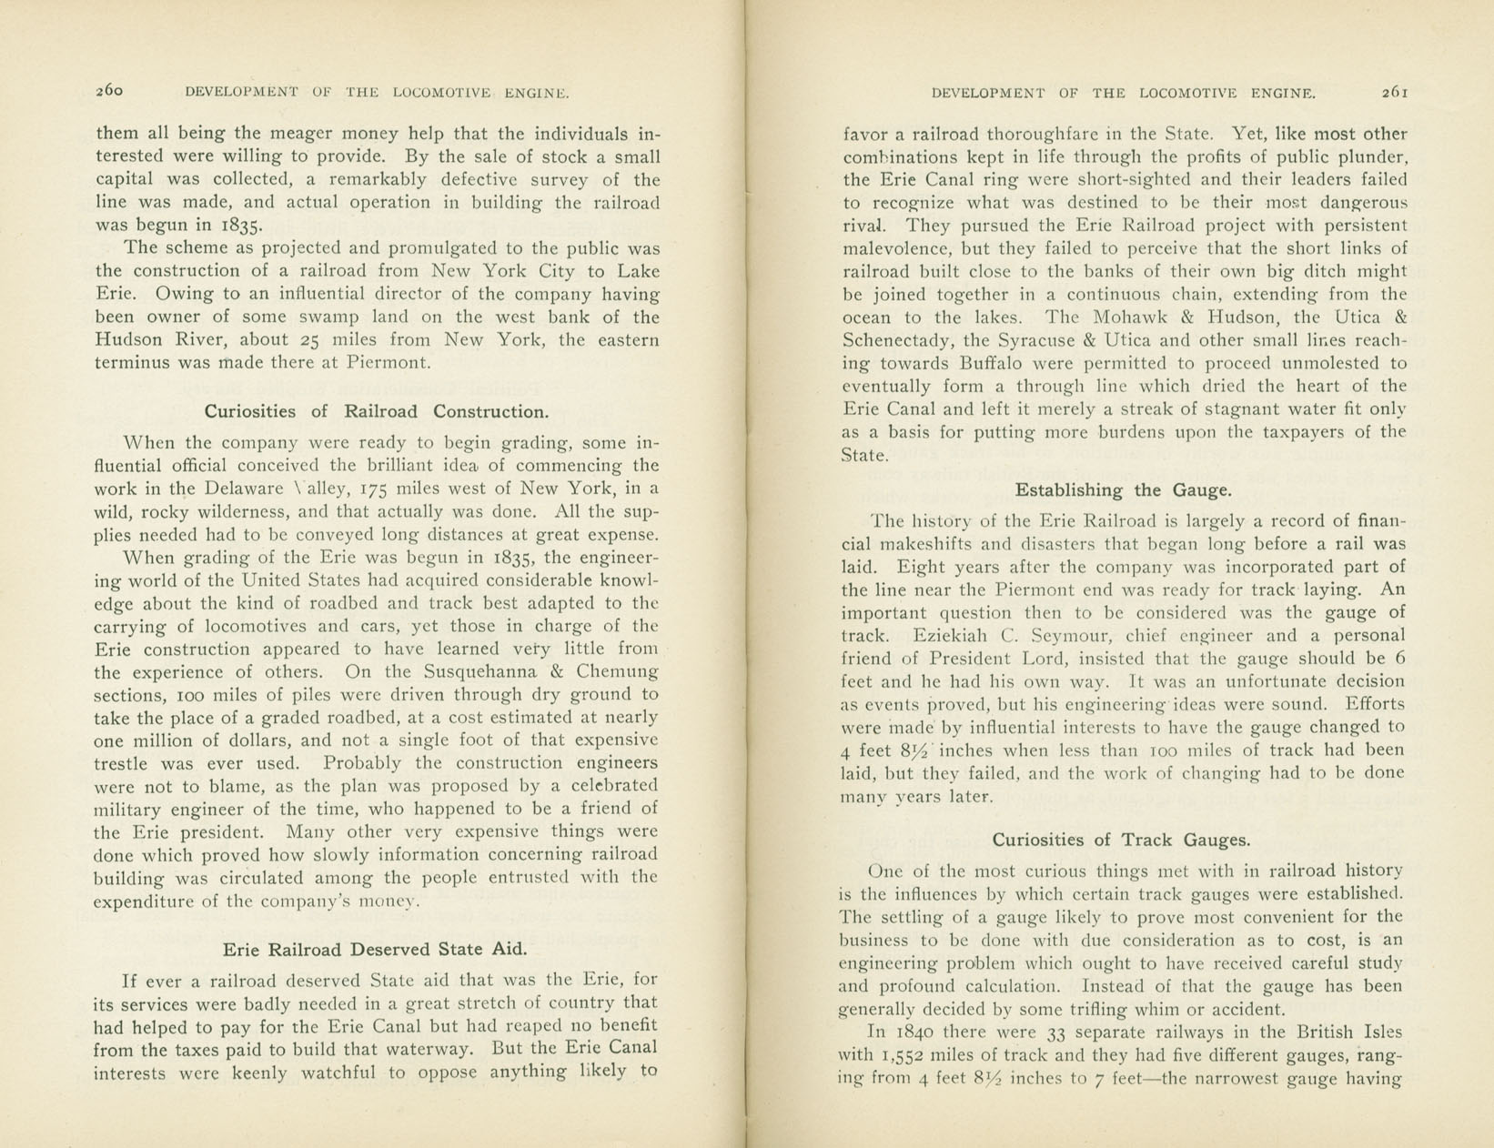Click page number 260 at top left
point(109,91)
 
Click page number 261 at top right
point(1395,92)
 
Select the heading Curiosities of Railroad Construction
point(377,411)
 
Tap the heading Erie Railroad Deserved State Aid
point(375,949)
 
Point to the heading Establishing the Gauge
point(1123,490)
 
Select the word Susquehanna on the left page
point(479,672)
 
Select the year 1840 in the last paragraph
point(913,1032)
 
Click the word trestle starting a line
point(125,763)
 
